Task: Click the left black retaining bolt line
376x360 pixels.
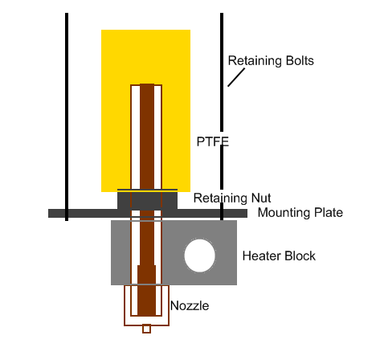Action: click(x=67, y=112)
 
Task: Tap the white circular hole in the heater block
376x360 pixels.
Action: click(x=199, y=256)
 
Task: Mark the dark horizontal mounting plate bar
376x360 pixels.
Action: click(x=80, y=214)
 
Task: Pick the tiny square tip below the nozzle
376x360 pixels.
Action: click(x=146, y=329)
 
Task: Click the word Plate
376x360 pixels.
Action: click(x=330, y=213)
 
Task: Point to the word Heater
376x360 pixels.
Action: click(x=261, y=256)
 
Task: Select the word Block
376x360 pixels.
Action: click(x=300, y=256)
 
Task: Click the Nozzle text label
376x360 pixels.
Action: click(x=190, y=306)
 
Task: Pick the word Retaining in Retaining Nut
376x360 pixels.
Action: click(x=220, y=198)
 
